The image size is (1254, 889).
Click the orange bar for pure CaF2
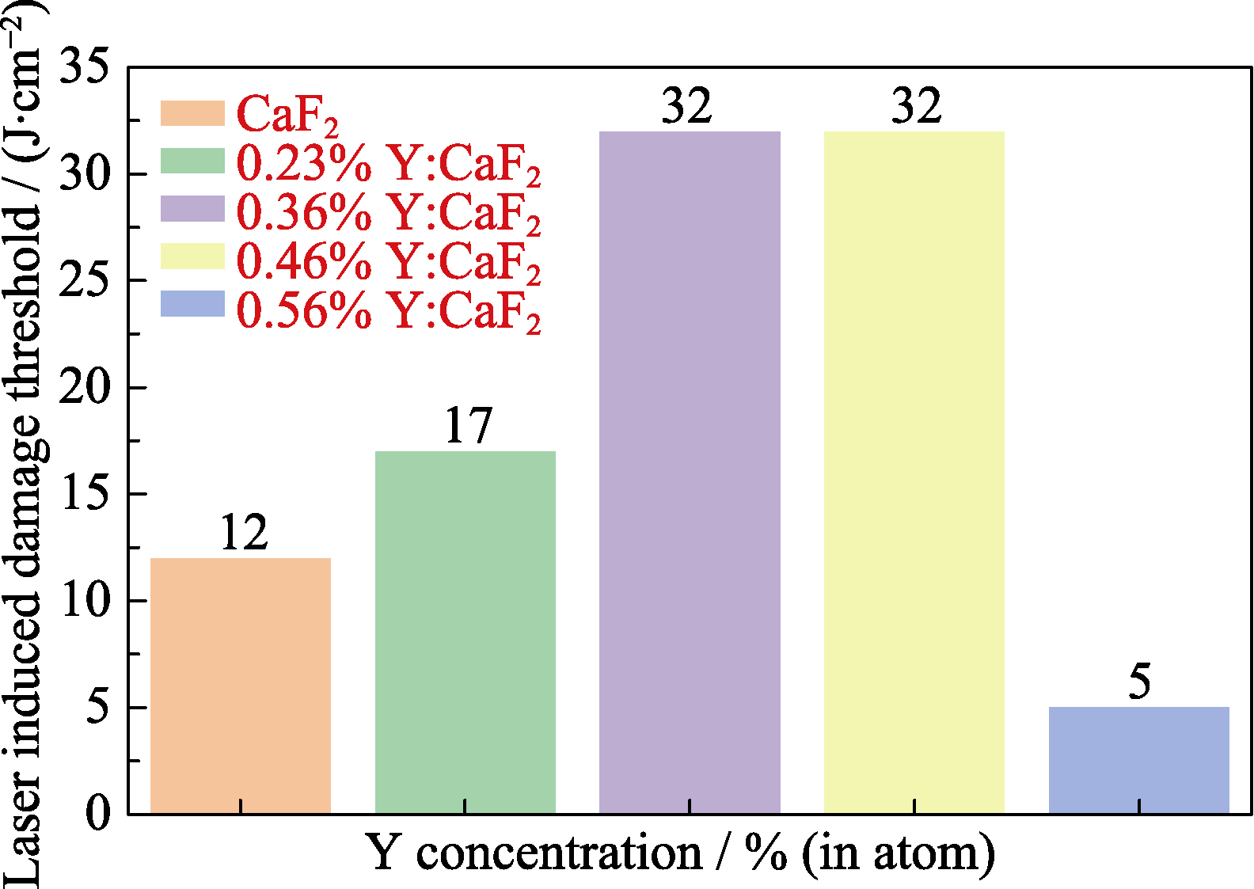tap(241, 686)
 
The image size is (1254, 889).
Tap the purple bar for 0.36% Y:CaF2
tap(690, 472)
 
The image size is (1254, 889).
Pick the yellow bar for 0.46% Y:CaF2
tap(914, 472)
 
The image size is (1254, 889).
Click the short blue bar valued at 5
tap(1138, 760)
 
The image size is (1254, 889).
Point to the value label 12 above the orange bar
tap(244, 533)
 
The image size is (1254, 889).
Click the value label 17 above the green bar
tap(468, 426)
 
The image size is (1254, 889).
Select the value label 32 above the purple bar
tap(686, 106)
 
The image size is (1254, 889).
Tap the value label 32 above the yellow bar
tap(916, 106)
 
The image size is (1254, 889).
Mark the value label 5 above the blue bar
tap(1139, 682)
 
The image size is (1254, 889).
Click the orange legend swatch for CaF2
tap(192, 112)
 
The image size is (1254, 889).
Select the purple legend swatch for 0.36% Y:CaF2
tap(192, 209)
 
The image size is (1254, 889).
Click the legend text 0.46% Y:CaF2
tap(389, 261)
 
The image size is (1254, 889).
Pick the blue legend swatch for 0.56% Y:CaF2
tap(192, 305)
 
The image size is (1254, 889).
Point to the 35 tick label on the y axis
tap(84, 66)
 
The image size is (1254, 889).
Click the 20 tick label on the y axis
tap(84, 388)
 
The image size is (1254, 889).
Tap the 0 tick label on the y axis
tap(97, 814)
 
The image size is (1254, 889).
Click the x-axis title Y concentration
tap(679, 853)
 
